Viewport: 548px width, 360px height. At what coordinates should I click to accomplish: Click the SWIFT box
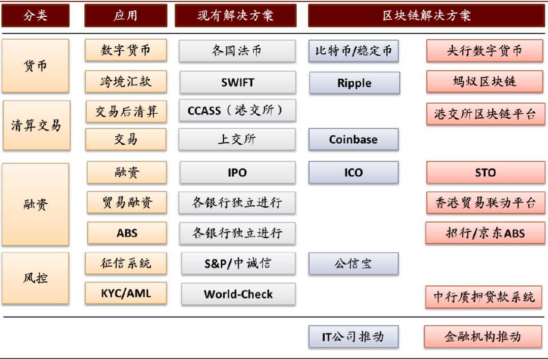tap(237, 82)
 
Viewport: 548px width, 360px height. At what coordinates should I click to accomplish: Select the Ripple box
tap(354, 83)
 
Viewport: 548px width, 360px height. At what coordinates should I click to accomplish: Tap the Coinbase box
tap(353, 139)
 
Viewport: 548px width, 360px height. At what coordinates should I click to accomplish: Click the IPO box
tap(237, 172)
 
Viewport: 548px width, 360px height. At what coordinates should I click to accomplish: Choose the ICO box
tap(353, 172)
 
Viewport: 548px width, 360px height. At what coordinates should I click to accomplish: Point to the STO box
tap(485, 172)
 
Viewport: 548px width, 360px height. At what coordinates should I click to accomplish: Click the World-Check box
tap(238, 294)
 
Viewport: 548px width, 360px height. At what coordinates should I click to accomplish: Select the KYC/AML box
tap(126, 293)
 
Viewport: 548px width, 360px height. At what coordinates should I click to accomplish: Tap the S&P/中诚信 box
tap(238, 263)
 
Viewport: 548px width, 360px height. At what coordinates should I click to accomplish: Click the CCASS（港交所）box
tap(237, 111)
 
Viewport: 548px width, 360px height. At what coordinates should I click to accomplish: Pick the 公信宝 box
tap(353, 264)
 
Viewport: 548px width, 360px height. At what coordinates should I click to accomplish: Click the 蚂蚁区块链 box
tap(485, 81)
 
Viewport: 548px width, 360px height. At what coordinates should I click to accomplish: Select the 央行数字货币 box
tap(485, 51)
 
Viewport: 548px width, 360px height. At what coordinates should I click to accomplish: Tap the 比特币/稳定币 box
tap(353, 51)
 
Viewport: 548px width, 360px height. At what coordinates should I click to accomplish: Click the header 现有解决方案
tap(235, 15)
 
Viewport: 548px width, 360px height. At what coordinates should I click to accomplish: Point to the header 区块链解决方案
tap(426, 15)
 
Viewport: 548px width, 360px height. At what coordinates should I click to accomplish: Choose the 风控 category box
tap(36, 278)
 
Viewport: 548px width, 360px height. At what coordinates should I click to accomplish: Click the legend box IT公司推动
tap(353, 337)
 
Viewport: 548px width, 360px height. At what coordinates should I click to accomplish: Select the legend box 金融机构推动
tap(483, 337)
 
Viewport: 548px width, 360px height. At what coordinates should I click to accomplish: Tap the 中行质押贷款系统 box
tap(484, 297)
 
